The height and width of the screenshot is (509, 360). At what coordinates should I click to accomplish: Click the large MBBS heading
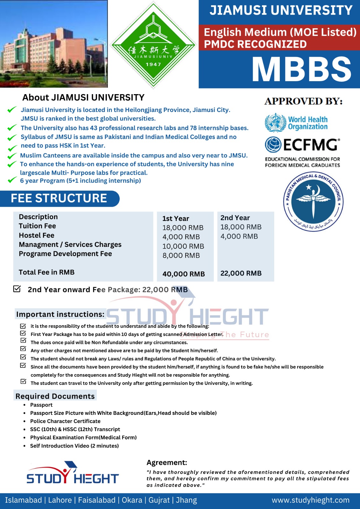(301, 69)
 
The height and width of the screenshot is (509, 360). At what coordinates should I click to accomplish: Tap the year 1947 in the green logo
(153, 64)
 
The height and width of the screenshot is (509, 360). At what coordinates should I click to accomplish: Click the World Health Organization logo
(296, 123)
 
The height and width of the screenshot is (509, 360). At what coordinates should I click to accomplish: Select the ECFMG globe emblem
(273, 145)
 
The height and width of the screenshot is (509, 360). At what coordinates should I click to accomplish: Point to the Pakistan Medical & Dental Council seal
(313, 202)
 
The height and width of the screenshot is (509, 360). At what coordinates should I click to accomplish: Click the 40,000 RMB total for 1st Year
(183, 274)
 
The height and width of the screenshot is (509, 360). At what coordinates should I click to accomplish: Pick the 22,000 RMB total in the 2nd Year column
(241, 273)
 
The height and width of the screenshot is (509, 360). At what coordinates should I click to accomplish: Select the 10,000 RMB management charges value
(183, 246)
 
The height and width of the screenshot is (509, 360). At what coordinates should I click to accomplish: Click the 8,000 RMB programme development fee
(181, 255)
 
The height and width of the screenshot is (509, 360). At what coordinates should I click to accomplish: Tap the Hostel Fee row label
(37, 235)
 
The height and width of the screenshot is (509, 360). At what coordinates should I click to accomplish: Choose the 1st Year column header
(176, 219)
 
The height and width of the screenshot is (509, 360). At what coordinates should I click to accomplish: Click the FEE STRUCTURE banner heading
(59, 198)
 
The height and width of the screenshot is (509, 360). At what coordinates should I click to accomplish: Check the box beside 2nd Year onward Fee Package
(17, 289)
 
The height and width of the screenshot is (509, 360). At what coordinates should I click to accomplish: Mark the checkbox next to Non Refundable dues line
(23, 341)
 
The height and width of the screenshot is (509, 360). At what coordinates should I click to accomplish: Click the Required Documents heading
(55, 396)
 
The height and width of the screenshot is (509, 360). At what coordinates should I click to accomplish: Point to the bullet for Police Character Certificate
(25, 421)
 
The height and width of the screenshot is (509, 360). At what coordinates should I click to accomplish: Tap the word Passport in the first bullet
(41, 405)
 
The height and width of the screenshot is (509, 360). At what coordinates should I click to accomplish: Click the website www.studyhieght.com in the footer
(310, 500)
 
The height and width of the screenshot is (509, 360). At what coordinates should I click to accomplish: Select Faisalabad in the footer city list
(97, 500)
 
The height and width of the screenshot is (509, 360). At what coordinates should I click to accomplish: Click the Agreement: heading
(167, 463)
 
